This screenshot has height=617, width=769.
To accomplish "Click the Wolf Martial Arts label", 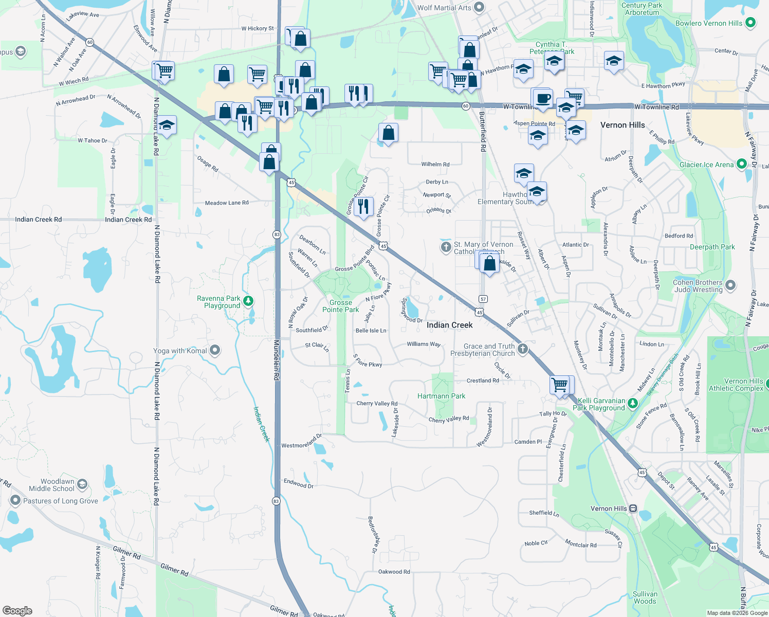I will (444, 8).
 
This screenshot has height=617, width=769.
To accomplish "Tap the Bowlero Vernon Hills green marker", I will (750, 23).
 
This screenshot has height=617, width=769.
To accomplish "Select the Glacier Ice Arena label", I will (706, 165).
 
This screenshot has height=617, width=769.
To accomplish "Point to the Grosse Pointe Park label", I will (340, 306).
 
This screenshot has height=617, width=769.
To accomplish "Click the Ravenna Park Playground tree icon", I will (248, 300).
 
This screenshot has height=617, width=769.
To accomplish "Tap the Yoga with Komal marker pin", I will (215, 350).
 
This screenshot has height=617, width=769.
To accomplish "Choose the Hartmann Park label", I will (441, 396).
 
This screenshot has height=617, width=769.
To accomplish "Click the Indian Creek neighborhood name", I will (449, 325).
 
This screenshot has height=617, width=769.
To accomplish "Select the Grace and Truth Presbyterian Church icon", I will (523, 349).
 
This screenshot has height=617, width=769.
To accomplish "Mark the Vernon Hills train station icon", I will (633, 509).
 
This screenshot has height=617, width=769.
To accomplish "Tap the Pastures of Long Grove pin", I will (15, 500).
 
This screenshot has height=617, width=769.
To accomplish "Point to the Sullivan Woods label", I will (645, 597).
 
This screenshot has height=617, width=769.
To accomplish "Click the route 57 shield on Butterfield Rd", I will (483, 299).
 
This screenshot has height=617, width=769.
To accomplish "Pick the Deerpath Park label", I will (712, 247).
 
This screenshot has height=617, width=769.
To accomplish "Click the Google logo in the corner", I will (17, 610).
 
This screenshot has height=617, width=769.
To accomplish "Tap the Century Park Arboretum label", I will (642, 9).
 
